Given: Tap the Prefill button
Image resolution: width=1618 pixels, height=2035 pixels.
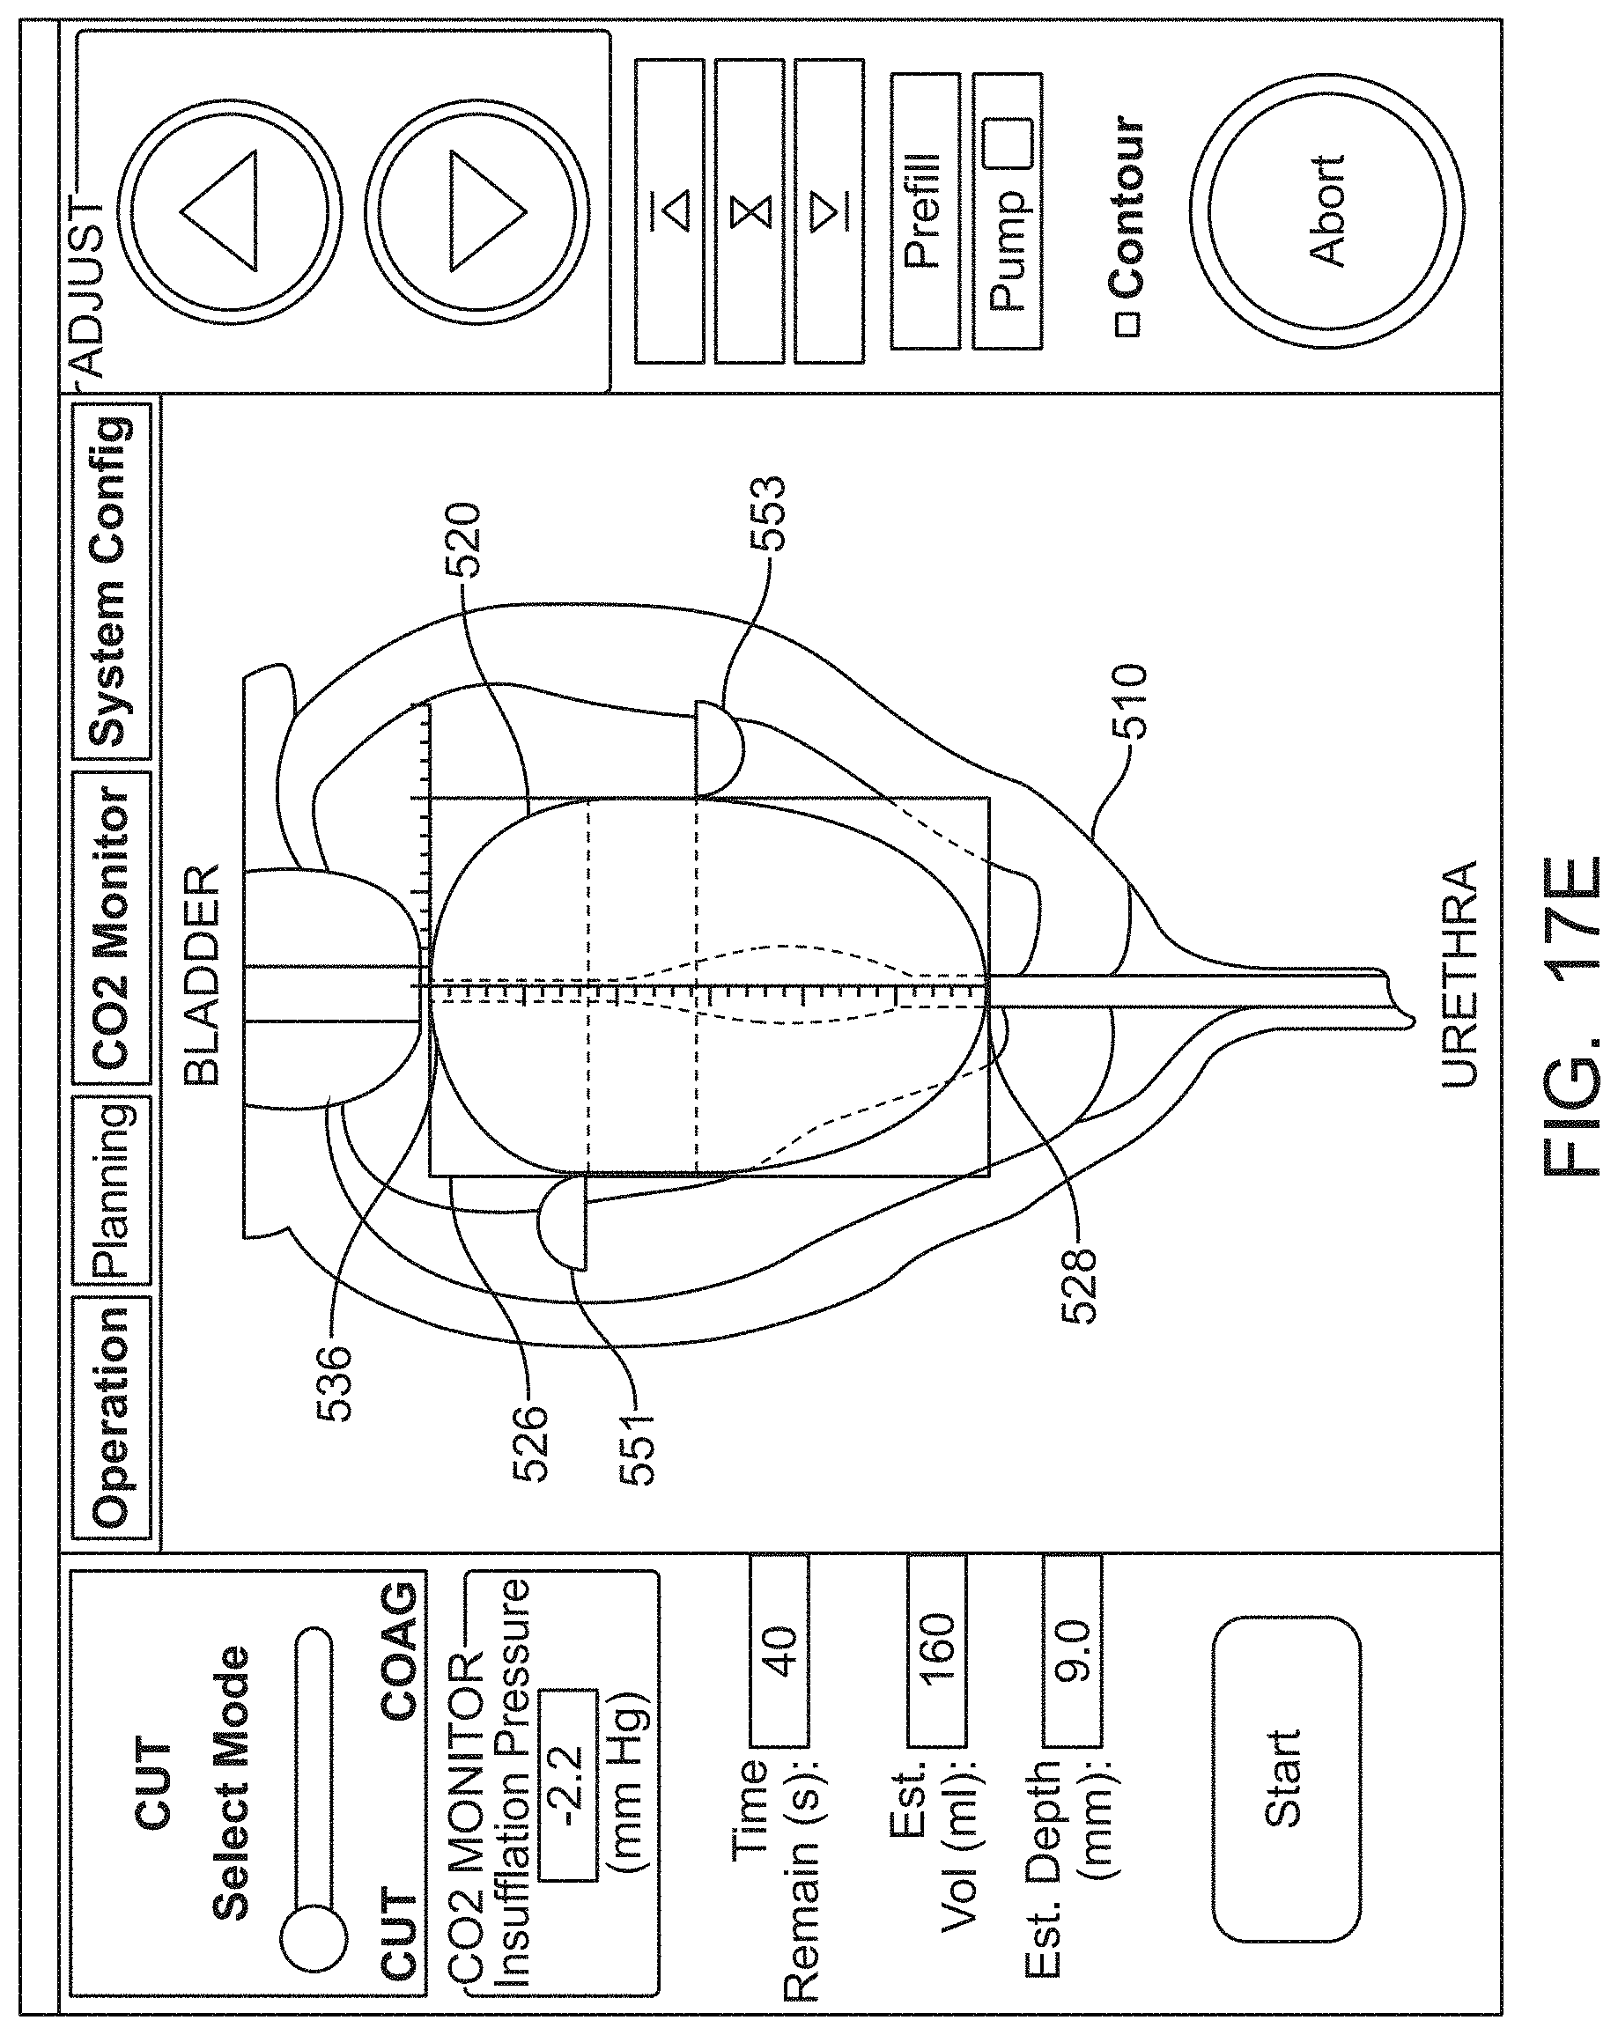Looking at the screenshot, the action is [925, 210].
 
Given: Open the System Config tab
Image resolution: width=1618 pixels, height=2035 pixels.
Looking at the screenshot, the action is [110, 581].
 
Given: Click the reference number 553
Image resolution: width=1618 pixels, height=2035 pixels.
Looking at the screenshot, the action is [767, 513].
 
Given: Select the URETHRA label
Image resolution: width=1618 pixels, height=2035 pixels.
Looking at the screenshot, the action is [1459, 973].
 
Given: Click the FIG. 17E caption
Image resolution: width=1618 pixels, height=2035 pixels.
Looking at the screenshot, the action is [1571, 1015].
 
